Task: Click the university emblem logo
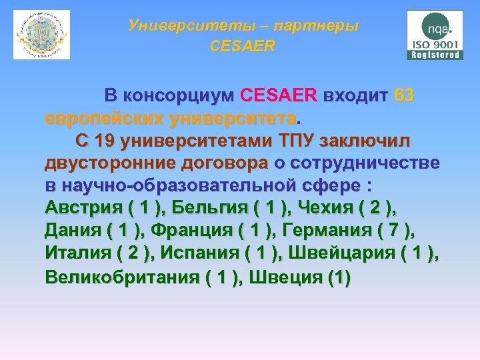pos(41,35)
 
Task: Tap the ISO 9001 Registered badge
pos(435,35)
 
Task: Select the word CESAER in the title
pos(242,47)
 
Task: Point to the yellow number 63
pos(404,96)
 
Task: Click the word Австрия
pos(83,209)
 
